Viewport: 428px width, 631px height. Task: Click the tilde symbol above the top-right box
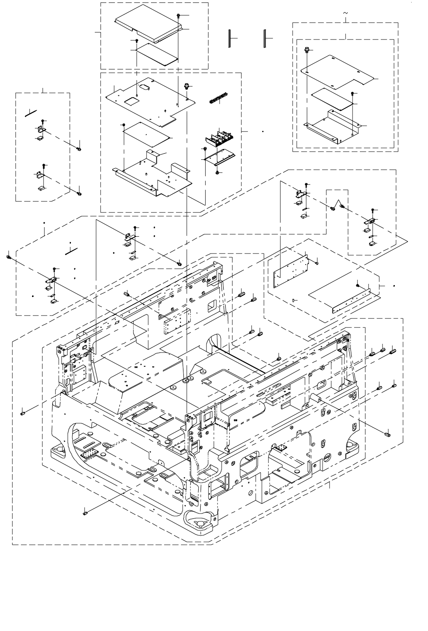(345, 13)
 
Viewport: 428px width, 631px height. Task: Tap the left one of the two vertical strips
(230, 38)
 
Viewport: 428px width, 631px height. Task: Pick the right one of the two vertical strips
(265, 38)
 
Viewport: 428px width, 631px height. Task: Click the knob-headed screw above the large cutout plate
(187, 86)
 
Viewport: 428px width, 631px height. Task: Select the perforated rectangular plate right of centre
(291, 271)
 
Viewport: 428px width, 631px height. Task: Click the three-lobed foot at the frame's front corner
(199, 523)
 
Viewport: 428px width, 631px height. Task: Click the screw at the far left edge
(9, 257)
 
